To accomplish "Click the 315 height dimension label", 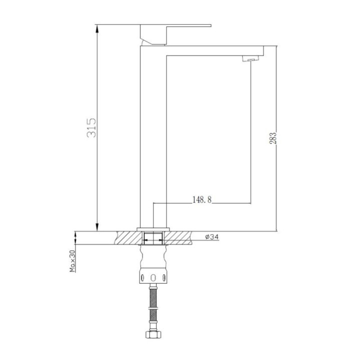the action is click(x=91, y=127).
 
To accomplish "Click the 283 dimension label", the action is click(x=273, y=138).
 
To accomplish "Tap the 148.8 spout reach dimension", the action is click(x=202, y=199).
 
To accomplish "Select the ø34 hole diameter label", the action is click(x=212, y=236).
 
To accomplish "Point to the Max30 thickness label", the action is click(x=72, y=261).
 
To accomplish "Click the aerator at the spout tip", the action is click(x=250, y=58).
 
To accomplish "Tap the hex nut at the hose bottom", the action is click(x=153, y=334).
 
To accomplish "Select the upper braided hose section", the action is click(x=153, y=297).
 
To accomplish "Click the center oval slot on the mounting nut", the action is click(x=153, y=278).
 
